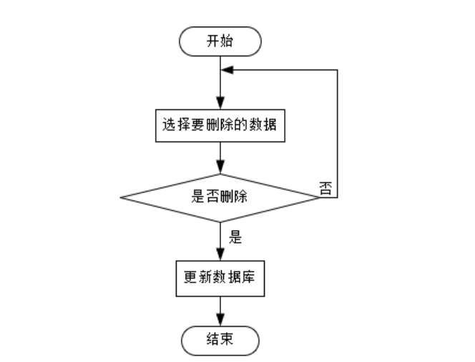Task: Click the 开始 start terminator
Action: [220, 41]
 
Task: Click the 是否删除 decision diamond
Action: [220, 197]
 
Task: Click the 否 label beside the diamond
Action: [325, 189]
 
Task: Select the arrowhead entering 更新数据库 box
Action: [220, 257]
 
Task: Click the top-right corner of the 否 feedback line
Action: [337, 69]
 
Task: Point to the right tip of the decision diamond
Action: [320, 197]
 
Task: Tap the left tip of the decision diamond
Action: [119, 197]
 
